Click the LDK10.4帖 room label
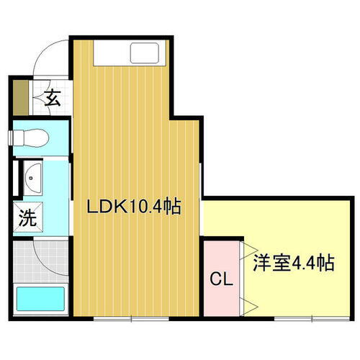point(133,208)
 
